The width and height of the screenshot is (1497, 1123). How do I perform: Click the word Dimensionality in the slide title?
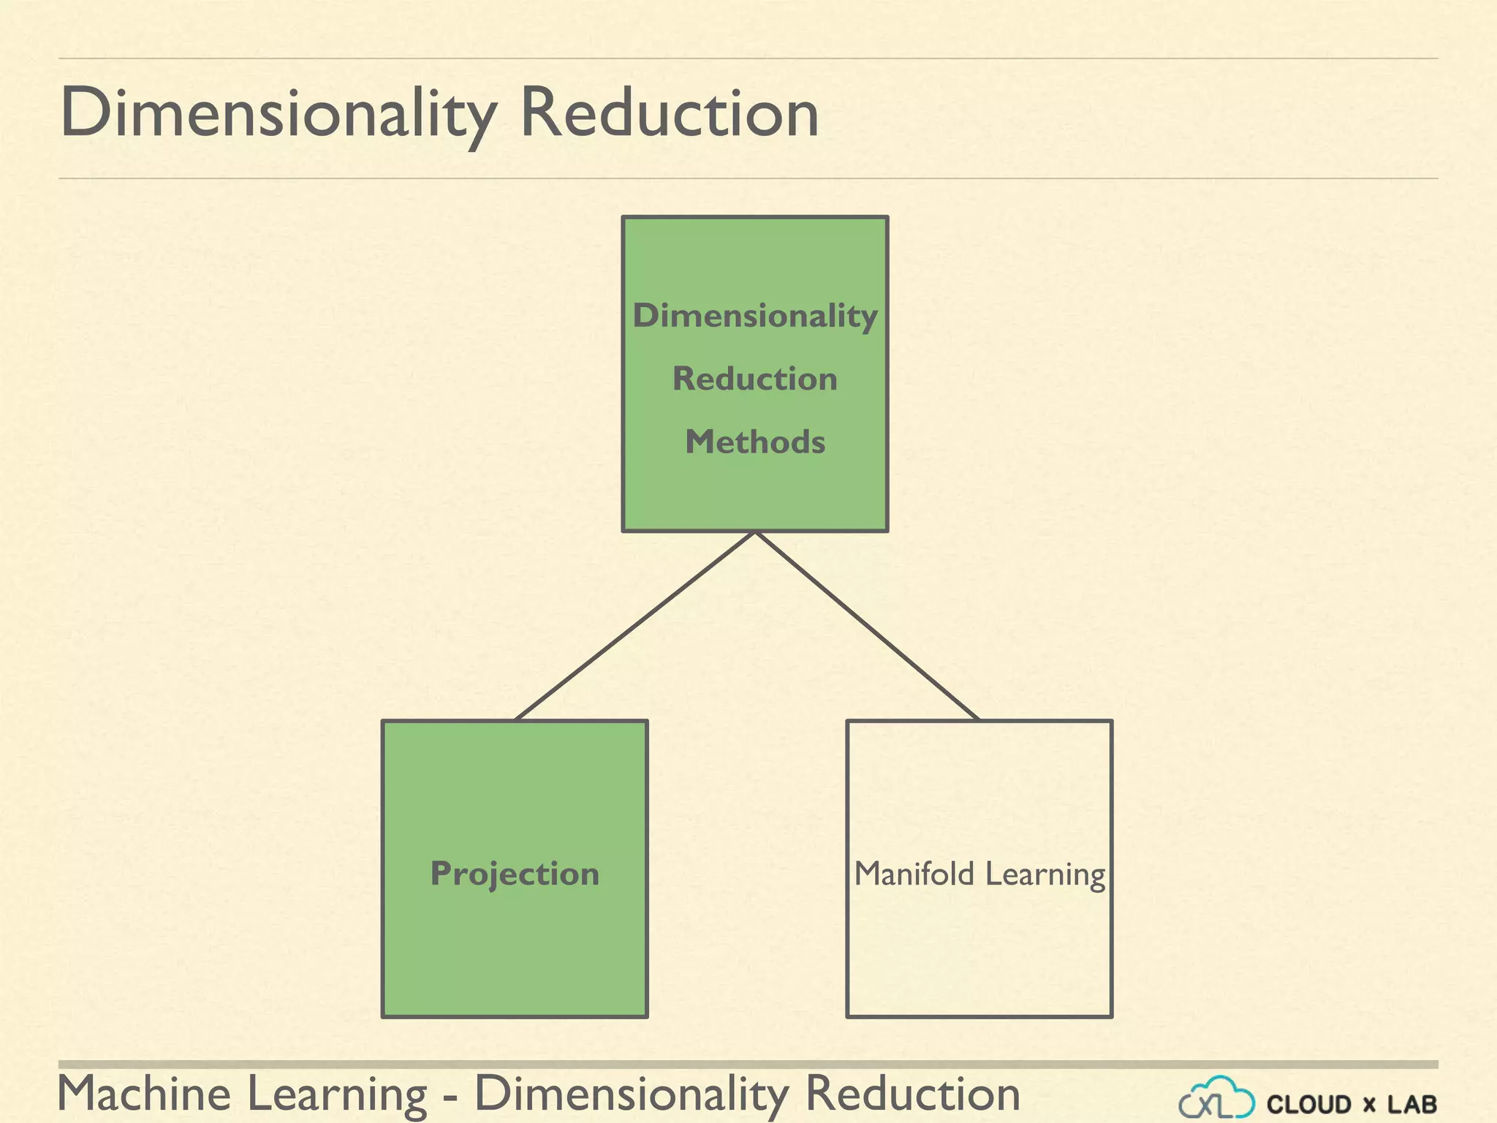pos(278,113)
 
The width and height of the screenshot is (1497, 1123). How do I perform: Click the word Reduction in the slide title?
pos(669,113)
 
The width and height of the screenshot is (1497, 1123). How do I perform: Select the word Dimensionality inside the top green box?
pos(755,316)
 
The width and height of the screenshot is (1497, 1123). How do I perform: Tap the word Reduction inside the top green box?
pos(755,379)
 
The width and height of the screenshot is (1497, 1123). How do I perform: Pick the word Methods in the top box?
pos(755,442)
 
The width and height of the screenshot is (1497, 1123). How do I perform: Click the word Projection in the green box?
pos(515,874)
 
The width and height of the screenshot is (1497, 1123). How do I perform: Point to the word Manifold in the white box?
pos(914,874)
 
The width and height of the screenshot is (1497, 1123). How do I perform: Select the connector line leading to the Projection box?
pos(634,626)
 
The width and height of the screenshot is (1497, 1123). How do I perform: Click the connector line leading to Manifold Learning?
pos(868,626)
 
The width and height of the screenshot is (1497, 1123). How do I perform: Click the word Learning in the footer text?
pos(337,1095)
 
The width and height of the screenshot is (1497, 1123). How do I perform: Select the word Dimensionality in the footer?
pos(632,1095)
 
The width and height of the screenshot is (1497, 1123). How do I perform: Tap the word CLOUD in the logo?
pos(1309,1104)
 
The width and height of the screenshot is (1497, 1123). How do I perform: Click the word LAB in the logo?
pos(1412,1104)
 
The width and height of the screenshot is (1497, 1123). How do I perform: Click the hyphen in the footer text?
pos(451,1097)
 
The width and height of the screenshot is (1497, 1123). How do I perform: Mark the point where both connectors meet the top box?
pos(755,532)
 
